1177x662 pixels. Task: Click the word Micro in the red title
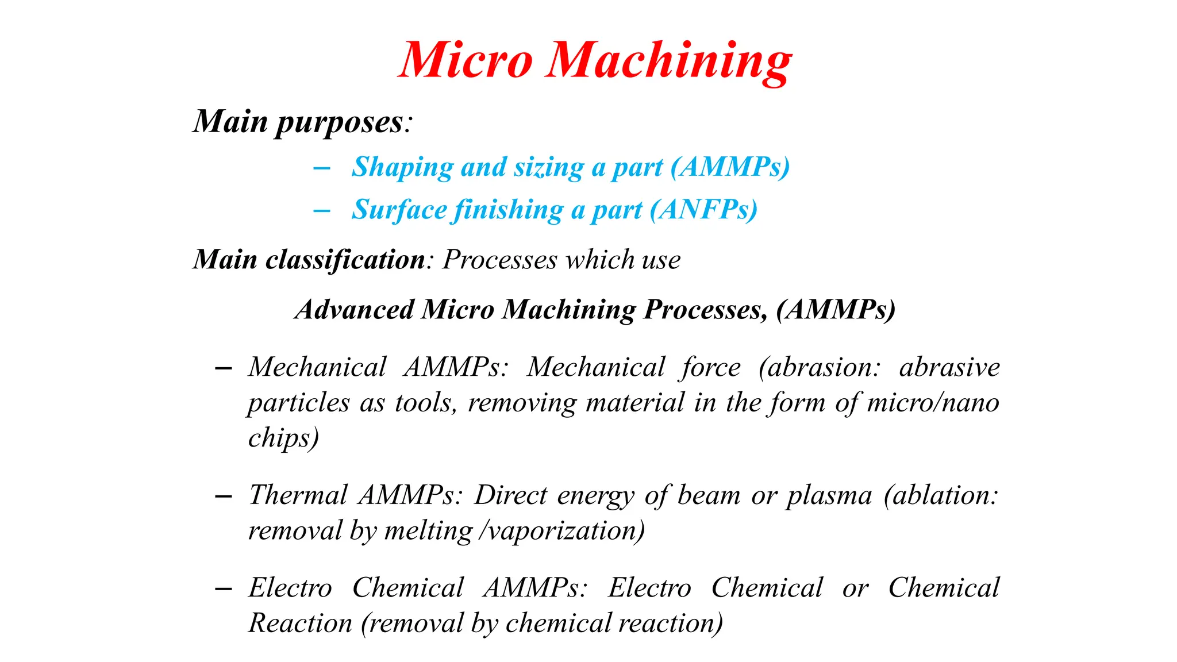coord(466,60)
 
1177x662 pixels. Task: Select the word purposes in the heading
coord(340,122)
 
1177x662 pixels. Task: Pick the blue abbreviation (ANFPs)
coord(703,210)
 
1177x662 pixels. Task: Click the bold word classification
coord(345,260)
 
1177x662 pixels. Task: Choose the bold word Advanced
coord(355,310)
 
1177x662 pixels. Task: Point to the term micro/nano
coord(933,403)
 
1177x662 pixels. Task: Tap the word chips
coord(283,438)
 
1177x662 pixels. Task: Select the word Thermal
coord(298,495)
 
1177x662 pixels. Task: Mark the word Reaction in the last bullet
coord(300,623)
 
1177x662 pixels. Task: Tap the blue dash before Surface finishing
coord(322,211)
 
